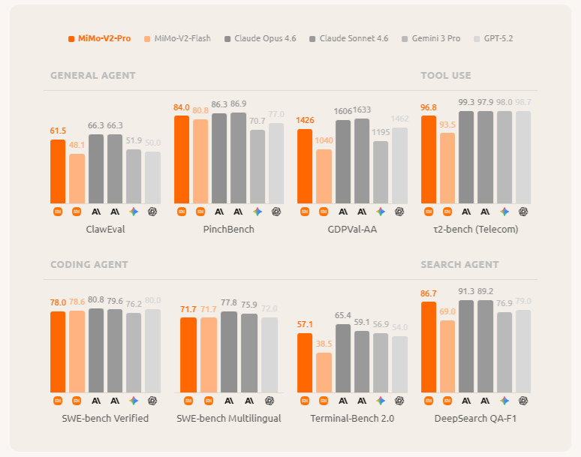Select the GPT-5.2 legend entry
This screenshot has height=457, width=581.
tap(498, 38)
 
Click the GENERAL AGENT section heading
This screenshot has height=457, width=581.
tap(93, 76)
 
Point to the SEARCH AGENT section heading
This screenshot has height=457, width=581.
tap(459, 265)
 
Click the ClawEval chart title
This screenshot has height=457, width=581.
tap(105, 230)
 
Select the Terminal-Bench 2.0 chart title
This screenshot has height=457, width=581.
tap(352, 418)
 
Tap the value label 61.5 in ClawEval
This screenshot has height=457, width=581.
tap(58, 131)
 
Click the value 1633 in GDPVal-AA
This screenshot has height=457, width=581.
tap(362, 110)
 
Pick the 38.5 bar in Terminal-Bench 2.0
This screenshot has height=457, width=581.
tap(324, 372)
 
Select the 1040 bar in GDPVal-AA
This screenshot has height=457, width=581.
tap(324, 176)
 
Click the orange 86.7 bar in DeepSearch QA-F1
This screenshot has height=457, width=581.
tap(429, 347)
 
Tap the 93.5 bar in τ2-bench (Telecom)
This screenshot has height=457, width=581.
tap(447, 168)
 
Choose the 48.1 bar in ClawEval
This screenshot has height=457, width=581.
tap(77, 179)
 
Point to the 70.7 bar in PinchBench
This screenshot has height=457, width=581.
tap(257, 167)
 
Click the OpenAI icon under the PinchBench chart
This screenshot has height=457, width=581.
tap(276, 212)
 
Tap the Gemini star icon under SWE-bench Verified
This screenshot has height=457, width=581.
tap(134, 401)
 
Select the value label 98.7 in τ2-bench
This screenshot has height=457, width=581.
tap(522, 102)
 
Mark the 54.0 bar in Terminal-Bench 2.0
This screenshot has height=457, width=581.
tap(399, 364)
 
